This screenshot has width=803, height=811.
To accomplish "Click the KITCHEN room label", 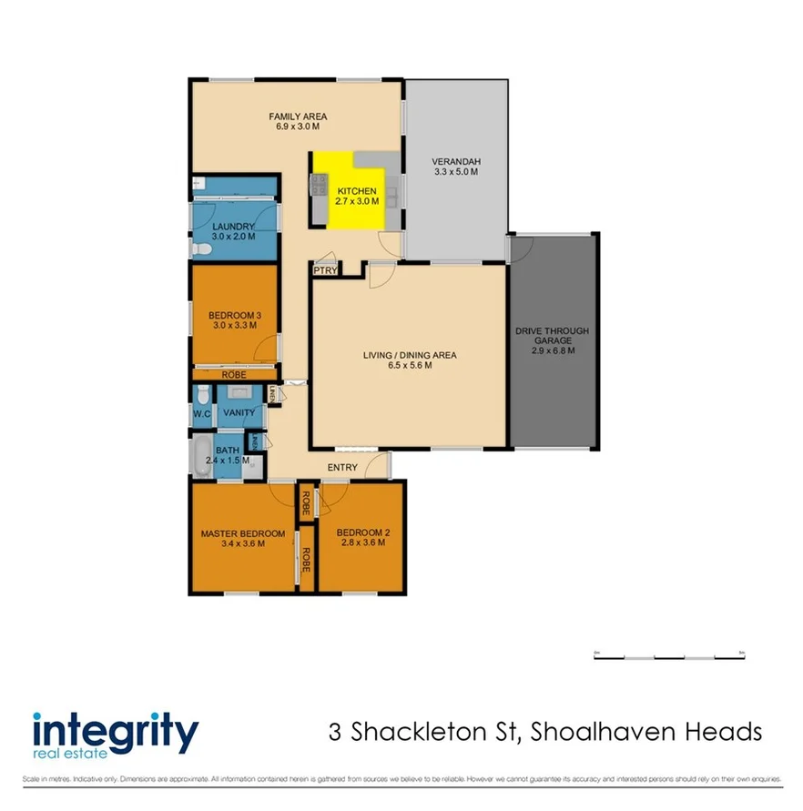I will click(356, 191).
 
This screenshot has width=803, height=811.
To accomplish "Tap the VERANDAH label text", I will click(455, 163).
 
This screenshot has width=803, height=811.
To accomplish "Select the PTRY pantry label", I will click(325, 270).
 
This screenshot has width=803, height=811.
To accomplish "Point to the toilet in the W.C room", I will click(202, 394).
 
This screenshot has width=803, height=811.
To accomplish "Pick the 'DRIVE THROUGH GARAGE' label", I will click(553, 336).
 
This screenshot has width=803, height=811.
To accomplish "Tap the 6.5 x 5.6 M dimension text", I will click(409, 366).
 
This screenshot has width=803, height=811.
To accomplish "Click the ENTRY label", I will click(343, 468).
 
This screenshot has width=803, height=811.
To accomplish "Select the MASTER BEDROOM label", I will click(242, 533).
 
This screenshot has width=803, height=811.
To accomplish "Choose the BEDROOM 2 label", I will click(361, 533).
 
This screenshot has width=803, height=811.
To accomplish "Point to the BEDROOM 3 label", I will click(235, 315).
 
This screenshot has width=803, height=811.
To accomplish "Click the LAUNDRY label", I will click(232, 227).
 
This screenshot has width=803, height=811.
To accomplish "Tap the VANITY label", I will click(239, 412).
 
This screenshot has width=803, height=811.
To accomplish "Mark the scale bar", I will click(669, 655).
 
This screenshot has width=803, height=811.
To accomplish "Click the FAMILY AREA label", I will click(297, 117).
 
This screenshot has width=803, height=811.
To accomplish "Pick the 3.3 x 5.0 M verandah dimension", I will click(455, 173).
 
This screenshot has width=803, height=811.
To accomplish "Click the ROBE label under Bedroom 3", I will click(234, 374).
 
